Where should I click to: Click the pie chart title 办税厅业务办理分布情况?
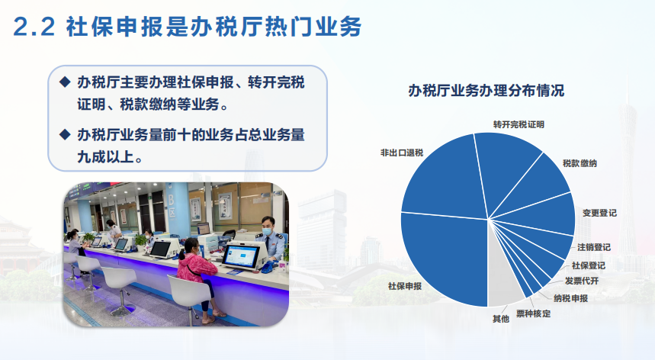pos(486,90)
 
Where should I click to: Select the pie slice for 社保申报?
pos(443,259)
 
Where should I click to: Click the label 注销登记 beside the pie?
pos(593,247)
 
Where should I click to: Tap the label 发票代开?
pos(582,281)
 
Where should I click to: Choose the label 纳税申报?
pos(570,298)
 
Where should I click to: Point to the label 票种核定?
pos(534,313)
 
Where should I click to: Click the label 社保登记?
pos(588,265)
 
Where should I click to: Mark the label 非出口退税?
pos(401,153)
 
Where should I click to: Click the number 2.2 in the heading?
pos(34,27)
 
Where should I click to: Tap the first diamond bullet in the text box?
pos(65,82)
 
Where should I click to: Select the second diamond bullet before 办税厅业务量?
pos(65,134)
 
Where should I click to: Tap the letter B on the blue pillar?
pos(171,201)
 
